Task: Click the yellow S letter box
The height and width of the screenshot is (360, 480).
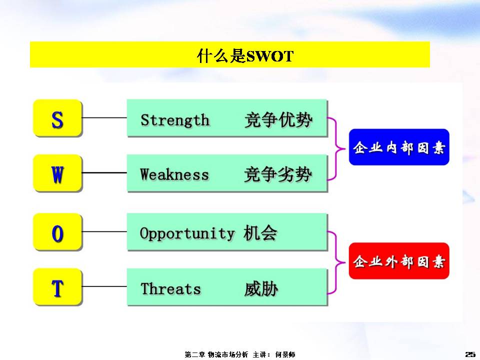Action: click(57, 118)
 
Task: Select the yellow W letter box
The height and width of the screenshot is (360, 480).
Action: click(57, 173)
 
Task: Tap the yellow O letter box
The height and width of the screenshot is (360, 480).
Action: click(57, 232)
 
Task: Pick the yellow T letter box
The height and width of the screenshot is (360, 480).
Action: click(57, 287)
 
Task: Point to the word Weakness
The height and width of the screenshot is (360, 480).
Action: click(174, 174)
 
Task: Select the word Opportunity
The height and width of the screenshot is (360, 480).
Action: click(187, 234)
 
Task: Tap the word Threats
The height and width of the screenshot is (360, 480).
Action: click(171, 288)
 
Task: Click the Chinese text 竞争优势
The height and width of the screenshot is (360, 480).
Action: click(278, 119)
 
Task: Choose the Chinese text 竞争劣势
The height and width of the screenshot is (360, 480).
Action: click(278, 174)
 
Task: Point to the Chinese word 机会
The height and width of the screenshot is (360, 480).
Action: click(260, 233)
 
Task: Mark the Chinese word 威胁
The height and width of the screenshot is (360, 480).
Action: click(261, 289)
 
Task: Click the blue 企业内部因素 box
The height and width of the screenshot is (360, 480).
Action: click(399, 147)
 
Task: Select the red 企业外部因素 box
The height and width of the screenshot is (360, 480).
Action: click(399, 261)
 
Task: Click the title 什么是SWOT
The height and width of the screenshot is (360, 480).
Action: click(245, 56)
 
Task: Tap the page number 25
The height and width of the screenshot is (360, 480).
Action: click(470, 354)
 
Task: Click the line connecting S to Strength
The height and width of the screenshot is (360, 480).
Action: click(104, 117)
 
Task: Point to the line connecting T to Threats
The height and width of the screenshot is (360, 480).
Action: click(104, 286)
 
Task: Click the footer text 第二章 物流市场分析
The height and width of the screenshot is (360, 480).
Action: click(216, 354)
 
